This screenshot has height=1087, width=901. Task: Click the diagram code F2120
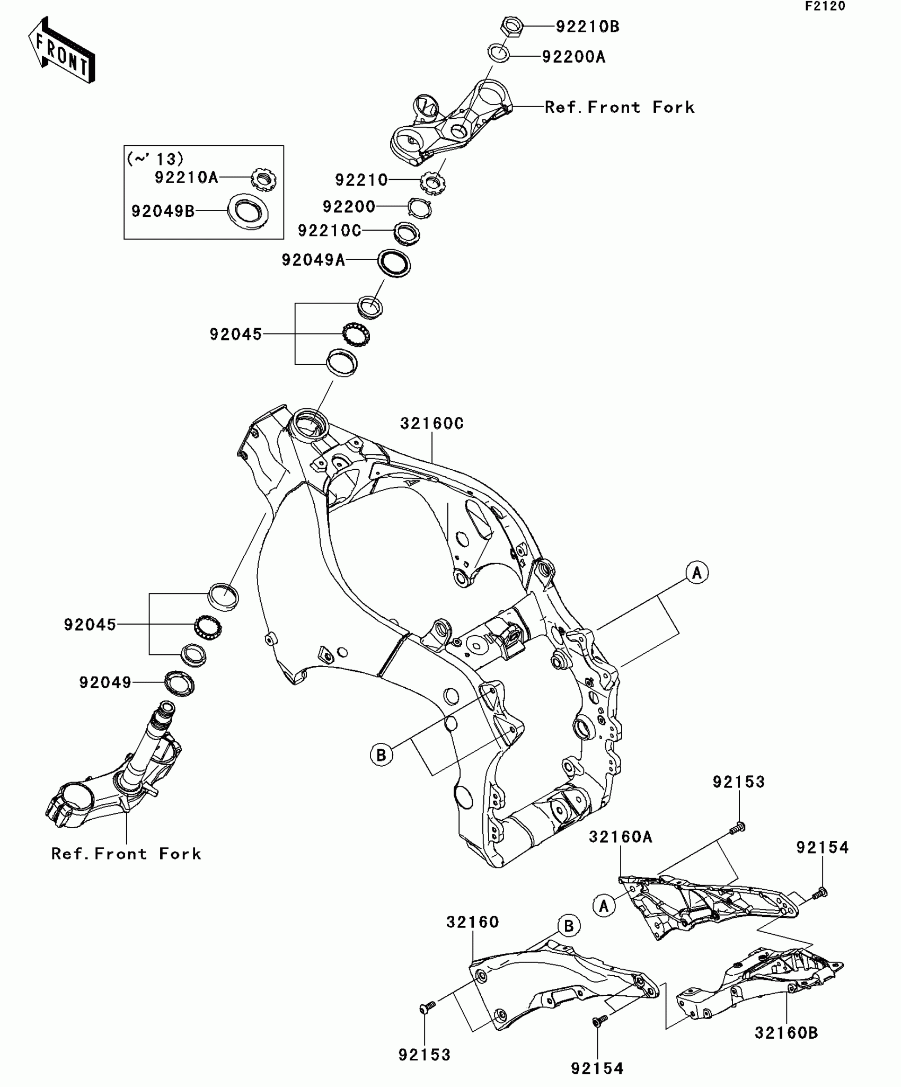825,6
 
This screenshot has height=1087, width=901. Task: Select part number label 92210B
587,27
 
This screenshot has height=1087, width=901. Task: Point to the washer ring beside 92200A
499,53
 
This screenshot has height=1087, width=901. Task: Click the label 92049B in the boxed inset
163,211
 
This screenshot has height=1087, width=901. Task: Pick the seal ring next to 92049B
248,212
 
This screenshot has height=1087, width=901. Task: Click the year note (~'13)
155,159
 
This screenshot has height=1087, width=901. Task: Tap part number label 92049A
313,260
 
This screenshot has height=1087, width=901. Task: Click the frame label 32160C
432,423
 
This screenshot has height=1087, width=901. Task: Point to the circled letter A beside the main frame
697,573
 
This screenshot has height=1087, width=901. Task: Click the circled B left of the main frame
381,754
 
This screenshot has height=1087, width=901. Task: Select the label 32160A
621,837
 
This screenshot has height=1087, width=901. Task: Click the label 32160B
787,1033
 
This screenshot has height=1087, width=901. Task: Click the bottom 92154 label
597,1068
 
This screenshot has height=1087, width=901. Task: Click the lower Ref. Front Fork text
126,854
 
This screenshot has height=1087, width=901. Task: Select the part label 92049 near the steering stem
105,682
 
